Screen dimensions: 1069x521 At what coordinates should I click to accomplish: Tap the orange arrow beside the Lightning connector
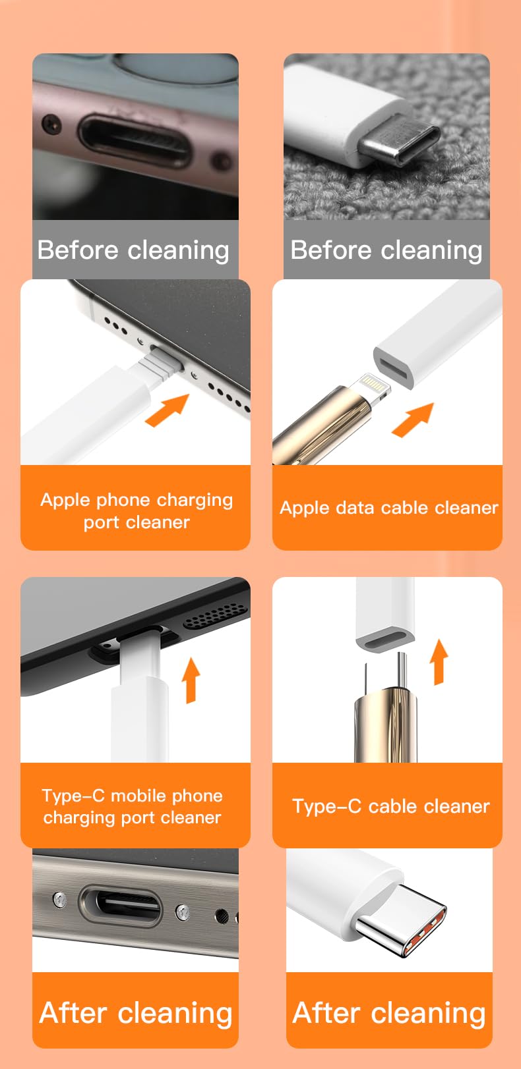[x=413, y=420]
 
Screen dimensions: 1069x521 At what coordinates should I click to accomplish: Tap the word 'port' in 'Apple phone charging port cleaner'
[x=101, y=522]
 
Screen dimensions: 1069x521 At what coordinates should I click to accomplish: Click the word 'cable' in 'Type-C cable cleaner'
[x=395, y=806]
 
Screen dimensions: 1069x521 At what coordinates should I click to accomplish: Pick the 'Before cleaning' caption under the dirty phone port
[x=134, y=250]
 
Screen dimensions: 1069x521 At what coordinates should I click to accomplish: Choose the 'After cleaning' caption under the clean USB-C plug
[x=389, y=1012]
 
